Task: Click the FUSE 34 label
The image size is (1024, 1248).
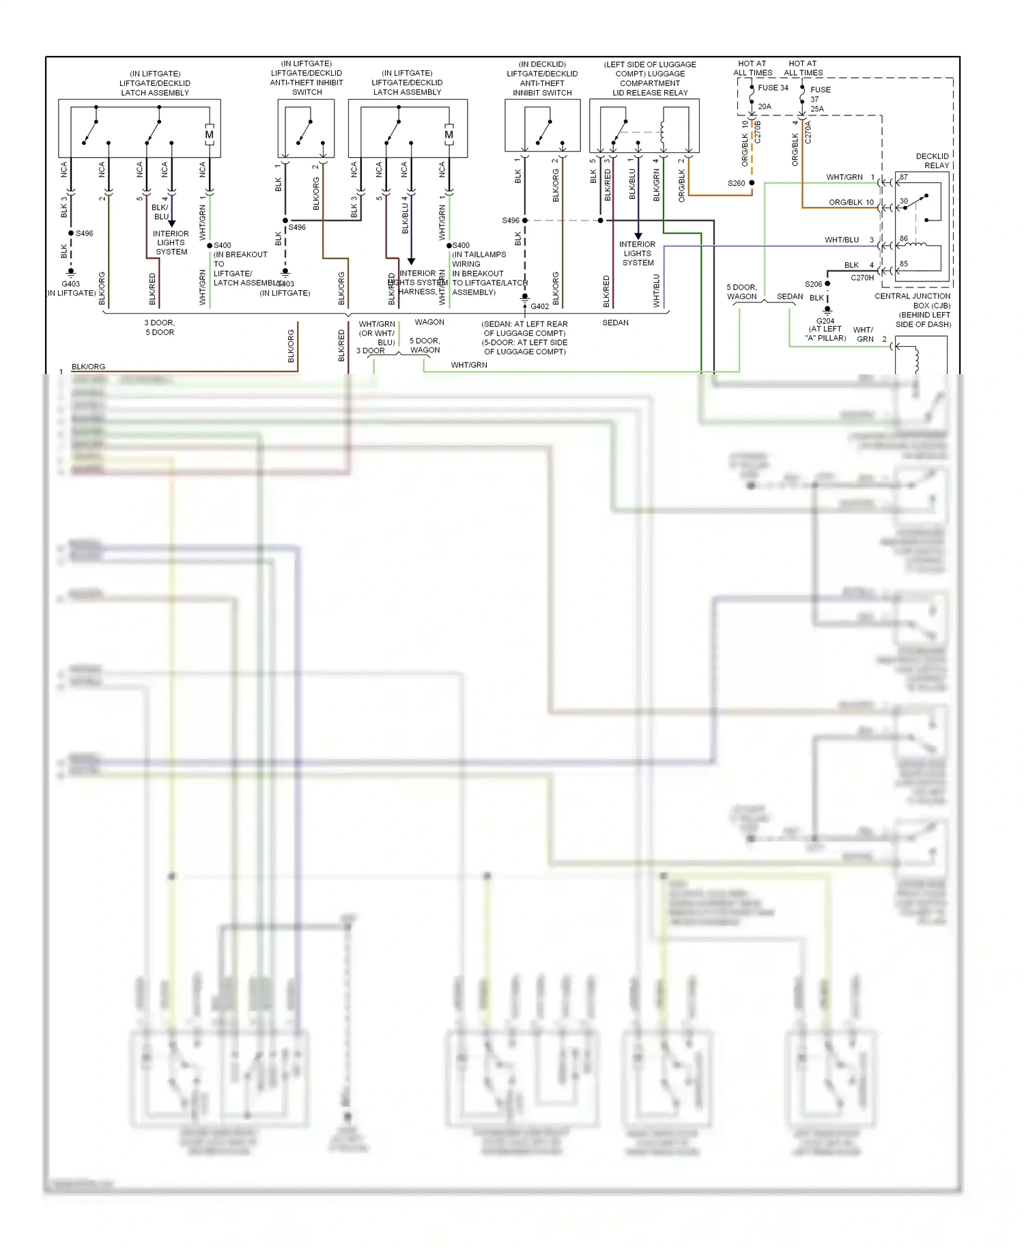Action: pyautogui.click(x=773, y=87)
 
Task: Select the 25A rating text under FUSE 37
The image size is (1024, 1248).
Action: pyautogui.click(x=816, y=109)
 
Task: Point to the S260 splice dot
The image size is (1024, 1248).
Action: pyautogui.click(x=752, y=183)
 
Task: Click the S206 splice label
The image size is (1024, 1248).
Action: pyautogui.click(x=813, y=284)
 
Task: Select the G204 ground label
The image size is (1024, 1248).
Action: pyautogui.click(x=825, y=321)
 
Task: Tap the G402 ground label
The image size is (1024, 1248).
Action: pyautogui.click(x=539, y=307)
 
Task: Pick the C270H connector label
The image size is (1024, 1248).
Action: pyautogui.click(x=862, y=278)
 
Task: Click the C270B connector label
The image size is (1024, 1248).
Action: pyautogui.click(x=757, y=132)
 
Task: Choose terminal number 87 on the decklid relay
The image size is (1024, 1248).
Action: pyautogui.click(x=903, y=177)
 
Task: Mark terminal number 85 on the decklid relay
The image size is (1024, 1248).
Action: pyautogui.click(x=903, y=264)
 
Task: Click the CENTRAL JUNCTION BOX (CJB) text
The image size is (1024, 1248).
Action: pyautogui.click(x=913, y=301)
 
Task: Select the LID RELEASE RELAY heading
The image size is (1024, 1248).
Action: pyautogui.click(x=650, y=93)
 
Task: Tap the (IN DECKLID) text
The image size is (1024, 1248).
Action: pyautogui.click(x=542, y=64)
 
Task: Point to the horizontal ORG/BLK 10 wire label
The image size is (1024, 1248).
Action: pyautogui.click(x=851, y=202)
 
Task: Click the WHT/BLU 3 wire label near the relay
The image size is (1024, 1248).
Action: pyautogui.click(x=849, y=240)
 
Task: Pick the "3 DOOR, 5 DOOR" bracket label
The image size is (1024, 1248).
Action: pyautogui.click(x=160, y=328)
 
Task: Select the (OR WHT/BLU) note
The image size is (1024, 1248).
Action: pyautogui.click(x=377, y=338)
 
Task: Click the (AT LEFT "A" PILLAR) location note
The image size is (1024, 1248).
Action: pyautogui.click(x=825, y=333)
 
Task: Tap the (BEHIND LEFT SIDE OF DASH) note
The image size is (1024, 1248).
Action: pyautogui.click(x=924, y=320)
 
